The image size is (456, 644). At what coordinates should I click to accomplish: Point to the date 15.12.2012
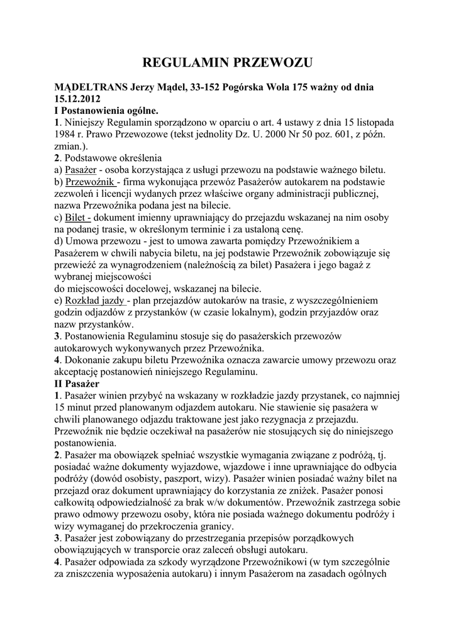tap(77, 99)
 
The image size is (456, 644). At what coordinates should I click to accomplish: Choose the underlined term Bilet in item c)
tap(77, 218)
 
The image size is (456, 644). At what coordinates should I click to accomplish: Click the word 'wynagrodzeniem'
tap(151, 265)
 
